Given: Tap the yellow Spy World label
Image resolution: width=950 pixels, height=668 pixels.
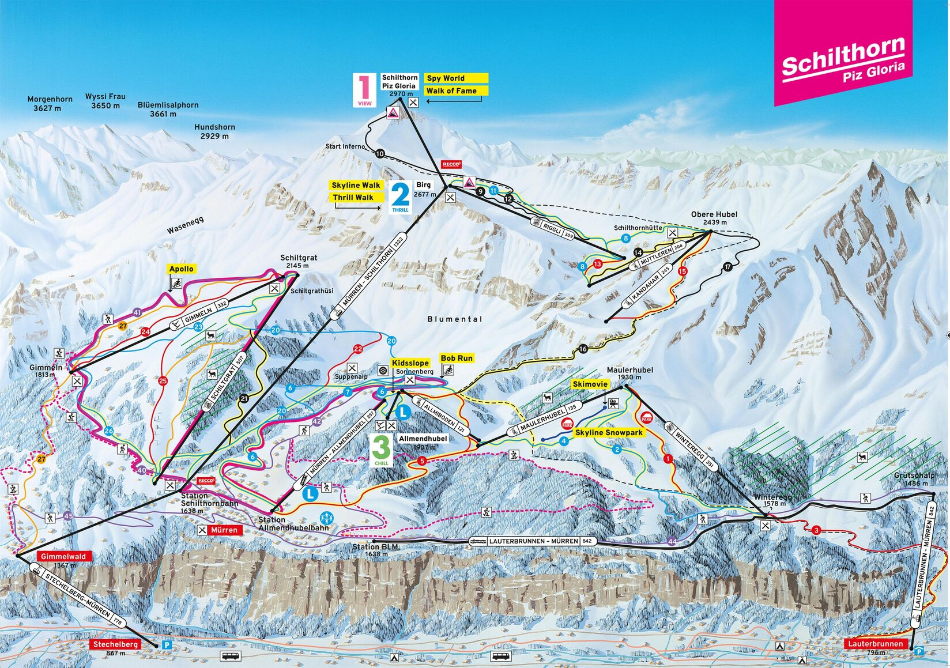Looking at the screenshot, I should click(457, 78).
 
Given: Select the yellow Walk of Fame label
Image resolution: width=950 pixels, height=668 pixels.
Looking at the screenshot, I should click(457, 91).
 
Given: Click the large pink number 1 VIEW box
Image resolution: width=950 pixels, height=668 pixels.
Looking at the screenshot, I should click(364, 90).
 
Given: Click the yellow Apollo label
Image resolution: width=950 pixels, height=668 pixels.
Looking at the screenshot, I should click(181, 269).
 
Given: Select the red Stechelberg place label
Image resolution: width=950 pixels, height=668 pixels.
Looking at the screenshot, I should click(116, 644).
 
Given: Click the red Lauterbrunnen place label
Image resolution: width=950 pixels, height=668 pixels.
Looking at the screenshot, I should click(876, 644).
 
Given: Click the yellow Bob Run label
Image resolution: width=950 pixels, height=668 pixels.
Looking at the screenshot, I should click(456, 358).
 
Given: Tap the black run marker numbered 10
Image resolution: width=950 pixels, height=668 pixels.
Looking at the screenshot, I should click(379, 154).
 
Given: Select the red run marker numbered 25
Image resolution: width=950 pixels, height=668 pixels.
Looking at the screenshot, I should click(163, 381).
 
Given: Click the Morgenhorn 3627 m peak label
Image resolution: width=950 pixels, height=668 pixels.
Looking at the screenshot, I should click(50, 104).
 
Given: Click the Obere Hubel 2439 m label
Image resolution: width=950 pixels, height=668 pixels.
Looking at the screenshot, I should click(714, 218).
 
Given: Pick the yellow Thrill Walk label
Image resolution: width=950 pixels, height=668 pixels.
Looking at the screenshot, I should click(353, 198).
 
